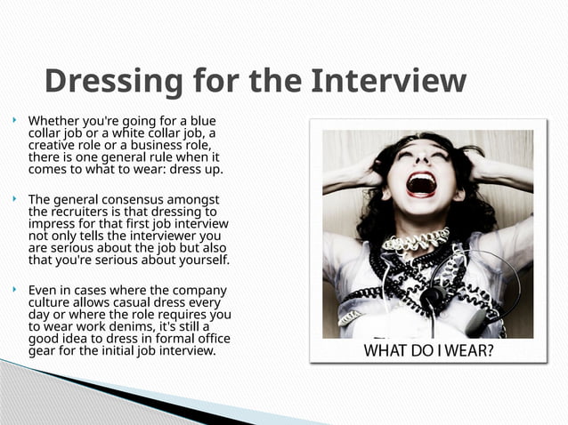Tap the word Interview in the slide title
[388, 82]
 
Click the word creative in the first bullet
[53, 145]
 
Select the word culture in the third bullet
[51, 302]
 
